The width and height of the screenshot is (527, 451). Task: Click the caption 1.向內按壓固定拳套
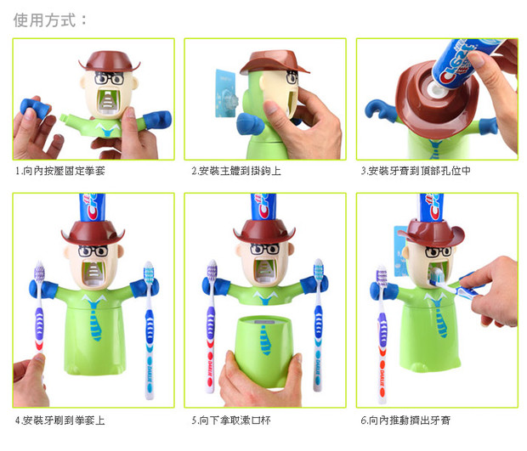click(x=60, y=171)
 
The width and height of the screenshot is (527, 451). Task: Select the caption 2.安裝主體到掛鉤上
click(x=236, y=171)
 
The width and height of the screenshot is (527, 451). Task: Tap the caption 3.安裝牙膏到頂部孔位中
click(x=416, y=171)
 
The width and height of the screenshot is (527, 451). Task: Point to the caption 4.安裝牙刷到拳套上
click(x=60, y=420)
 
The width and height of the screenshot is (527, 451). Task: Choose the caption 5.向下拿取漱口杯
click(x=231, y=420)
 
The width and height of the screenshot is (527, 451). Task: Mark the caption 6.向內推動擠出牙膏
click(x=405, y=420)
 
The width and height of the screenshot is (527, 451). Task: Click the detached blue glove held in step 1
click(x=35, y=108)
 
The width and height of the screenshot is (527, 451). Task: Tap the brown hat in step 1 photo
click(x=110, y=61)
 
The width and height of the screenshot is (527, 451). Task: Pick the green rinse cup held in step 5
click(x=263, y=350)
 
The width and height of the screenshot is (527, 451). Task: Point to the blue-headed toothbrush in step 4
click(x=149, y=329)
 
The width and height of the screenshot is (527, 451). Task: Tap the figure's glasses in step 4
click(x=93, y=251)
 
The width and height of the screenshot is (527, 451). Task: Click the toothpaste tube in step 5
click(x=263, y=207)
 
